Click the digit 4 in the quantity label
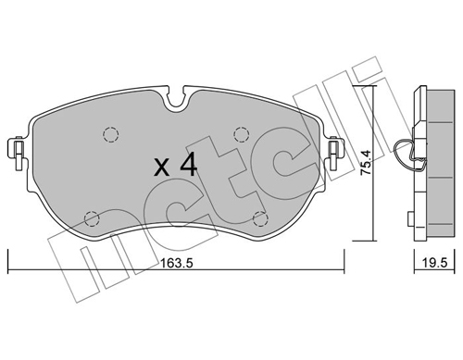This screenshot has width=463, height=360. (188, 167)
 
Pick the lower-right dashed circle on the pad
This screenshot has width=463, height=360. (260, 218)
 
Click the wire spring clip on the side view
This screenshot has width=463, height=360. (406, 151)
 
